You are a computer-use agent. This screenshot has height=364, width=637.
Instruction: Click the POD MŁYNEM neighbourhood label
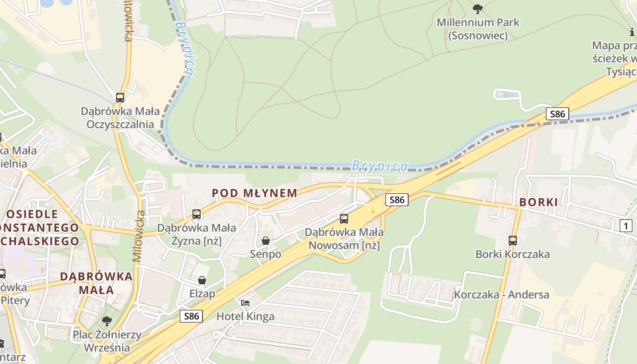(255, 193)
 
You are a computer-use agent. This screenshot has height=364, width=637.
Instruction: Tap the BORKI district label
(538, 202)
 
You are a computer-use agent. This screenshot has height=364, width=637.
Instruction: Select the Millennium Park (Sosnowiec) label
(478, 29)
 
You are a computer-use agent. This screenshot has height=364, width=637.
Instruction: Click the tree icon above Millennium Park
(478, 9)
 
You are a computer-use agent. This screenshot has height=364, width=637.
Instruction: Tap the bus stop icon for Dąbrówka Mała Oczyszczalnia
(120, 97)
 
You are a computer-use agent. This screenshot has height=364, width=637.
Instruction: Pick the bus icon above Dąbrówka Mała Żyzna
(197, 214)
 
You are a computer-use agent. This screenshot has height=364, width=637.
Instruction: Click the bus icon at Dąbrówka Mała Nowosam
(344, 218)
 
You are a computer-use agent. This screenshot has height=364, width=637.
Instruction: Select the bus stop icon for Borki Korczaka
(513, 240)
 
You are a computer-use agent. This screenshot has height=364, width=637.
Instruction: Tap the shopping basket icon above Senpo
(266, 240)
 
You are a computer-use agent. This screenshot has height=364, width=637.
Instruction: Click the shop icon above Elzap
(202, 280)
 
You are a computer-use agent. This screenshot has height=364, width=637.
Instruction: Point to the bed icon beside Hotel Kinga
(245, 303)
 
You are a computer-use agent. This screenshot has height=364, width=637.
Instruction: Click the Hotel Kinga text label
(245, 316)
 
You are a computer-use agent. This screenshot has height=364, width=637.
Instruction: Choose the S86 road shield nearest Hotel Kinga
(191, 316)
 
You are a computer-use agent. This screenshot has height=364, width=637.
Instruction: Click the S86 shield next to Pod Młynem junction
(396, 199)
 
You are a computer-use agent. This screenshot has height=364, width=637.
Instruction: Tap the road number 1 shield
(626, 225)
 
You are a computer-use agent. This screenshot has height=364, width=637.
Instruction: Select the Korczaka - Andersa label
(501, 294)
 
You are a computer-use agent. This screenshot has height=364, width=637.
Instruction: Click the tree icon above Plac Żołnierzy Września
(107, 321)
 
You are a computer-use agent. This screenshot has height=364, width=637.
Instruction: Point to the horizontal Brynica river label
(380, 166)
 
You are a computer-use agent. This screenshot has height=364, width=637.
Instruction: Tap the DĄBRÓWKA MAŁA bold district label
(96, 283)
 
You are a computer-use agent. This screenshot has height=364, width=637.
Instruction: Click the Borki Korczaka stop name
(513, 254)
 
